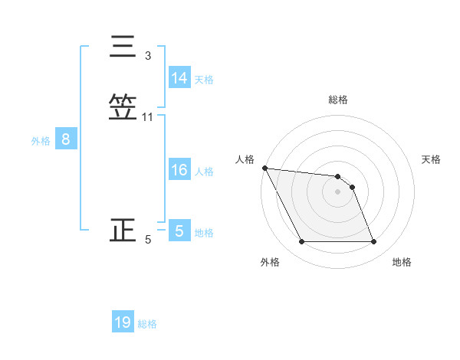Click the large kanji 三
pyautogui.click(x=123, y=47)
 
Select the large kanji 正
pyautogui.click(x=123, y=231)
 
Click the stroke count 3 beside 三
pyautogui.click(x=148, y=56)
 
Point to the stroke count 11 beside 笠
pyautogui.click(x=148, y=117)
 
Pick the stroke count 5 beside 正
pyautogui.click(x=148, y=240)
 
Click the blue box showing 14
pyautogui.click(x=179, y=78)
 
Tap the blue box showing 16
pyautogui.click(x=179, y=170)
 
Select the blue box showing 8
pyautogui.click(x=66, y=139)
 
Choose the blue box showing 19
pyautogui.click(x=123, y=322)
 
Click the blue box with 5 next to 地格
pyautogui.click(x=179, y=231)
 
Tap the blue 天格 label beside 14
pyautogui.click(x=204, y=79)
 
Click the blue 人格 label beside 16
pyautogui.click(x=204, y=171)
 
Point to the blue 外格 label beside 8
pyautogui.click(x=41, y=140)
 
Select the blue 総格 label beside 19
pyautogui.click(x=147, y=323)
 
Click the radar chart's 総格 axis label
pyautogui.click(x=338, y=100)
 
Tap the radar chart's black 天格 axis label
pyautogui.click(x=431, y=159)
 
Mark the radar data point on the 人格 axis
pyautogui.click(x=264, y=168)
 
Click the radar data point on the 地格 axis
pyautogui.click(x=373, y=242)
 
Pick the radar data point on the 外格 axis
pyautogui.click(x=301, y=242)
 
